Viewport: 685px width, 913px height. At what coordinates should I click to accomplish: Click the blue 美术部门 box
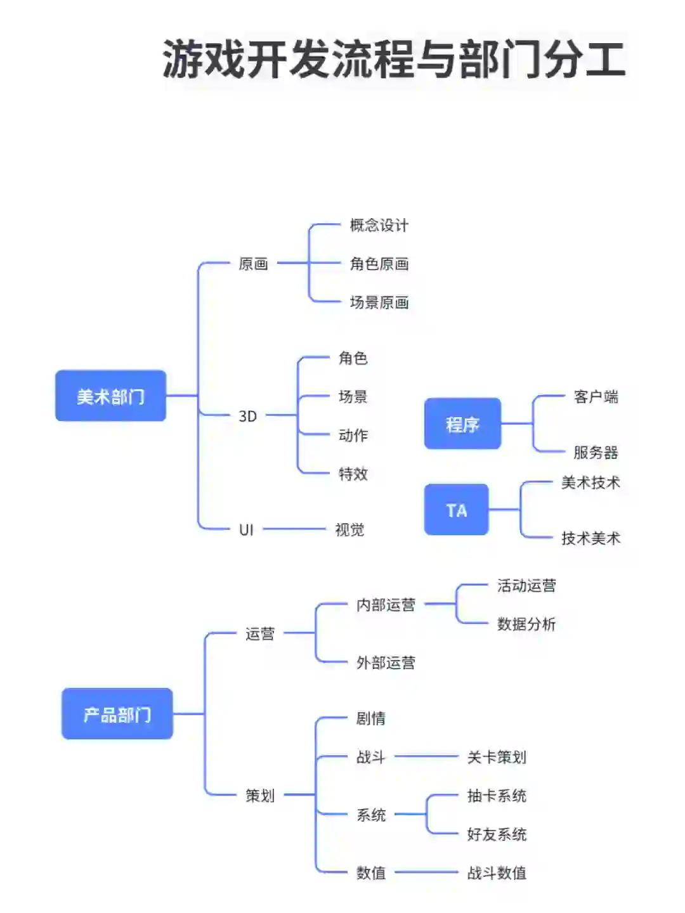[x=110, y=396]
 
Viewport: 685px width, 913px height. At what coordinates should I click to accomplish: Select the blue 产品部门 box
[x=117, y=714]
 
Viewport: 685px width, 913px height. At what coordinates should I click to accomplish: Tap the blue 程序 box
[x=462, y=424]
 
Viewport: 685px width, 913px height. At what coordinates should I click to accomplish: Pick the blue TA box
[x=456, y=510]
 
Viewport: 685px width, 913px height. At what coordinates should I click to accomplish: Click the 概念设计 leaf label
[x=379, y=225]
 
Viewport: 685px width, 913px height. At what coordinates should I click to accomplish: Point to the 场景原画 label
[x=379, y=302]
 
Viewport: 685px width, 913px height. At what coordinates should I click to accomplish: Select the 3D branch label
[x=247, y=416]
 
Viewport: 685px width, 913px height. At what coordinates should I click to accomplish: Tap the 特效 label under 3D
[x=353, y=474]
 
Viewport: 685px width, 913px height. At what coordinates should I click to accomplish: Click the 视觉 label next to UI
[x=349, y=529]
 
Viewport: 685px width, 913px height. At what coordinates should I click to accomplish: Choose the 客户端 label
[x=595, y=397]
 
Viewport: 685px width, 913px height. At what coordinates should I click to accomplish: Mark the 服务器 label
[x=595, y=452]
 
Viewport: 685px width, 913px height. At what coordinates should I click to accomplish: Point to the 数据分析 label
[x=526, y=624]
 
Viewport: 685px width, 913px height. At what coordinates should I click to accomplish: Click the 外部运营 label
[x=386, y=663]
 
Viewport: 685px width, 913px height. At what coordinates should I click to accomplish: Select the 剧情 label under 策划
[x=370, y=718]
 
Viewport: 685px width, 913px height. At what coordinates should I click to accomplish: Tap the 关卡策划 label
[x=496, y=757]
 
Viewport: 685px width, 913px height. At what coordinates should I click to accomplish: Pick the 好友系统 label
[x=496, y=834]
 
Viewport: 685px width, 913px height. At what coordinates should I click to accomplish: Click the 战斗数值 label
[x=496, y=873]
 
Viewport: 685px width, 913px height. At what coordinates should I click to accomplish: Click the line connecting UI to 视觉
[x=294, y=529]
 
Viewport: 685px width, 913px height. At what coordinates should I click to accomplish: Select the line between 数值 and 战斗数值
[x=426, y=872]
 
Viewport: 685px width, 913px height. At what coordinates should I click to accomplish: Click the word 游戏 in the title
[x=203, y=60]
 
